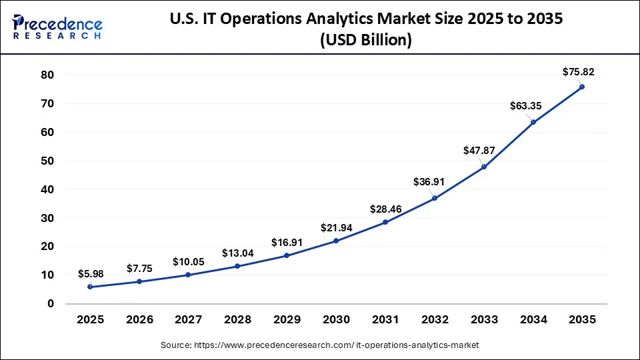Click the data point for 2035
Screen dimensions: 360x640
coord(582,87)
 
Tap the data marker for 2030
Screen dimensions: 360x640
coord(336,241)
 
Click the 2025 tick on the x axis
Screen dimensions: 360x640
coord(90,319)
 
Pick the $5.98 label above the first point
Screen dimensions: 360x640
coord(90,273)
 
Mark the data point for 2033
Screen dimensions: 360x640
coord(484,167)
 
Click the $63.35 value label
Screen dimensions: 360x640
coord(525,105)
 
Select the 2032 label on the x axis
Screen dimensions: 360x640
coord(434,319)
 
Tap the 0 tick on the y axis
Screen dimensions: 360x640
coord(50,304)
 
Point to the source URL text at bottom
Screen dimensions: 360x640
coord(320,345)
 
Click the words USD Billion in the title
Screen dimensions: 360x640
coord(366,41)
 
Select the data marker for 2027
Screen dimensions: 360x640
coord(189,275)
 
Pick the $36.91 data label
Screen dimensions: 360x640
coord(426,181)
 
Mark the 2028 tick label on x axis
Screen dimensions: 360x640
coord(237,319)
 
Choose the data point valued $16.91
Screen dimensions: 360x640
coord(287,255)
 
